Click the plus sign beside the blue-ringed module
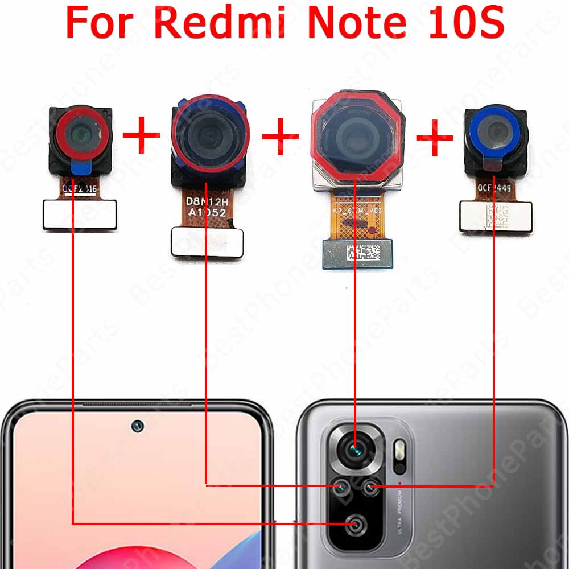tap(435, 138)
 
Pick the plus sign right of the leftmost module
tap(141, 137)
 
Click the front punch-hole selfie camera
tap(137, 426)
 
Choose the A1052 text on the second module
tap(208, 213)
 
